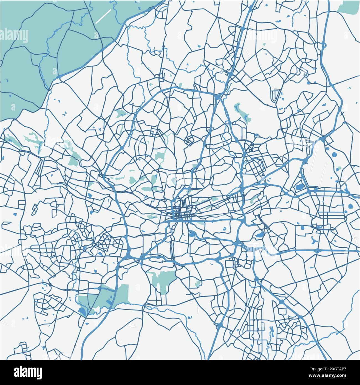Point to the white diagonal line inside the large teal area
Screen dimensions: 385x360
pos(103,16)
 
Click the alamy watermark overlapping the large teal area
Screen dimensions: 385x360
pos(14,36)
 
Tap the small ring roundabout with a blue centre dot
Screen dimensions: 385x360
pos(306,75)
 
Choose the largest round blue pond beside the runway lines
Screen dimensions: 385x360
pos(334,155)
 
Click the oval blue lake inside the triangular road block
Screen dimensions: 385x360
pos(299,187)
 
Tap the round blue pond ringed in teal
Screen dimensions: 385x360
pos(351,206)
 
